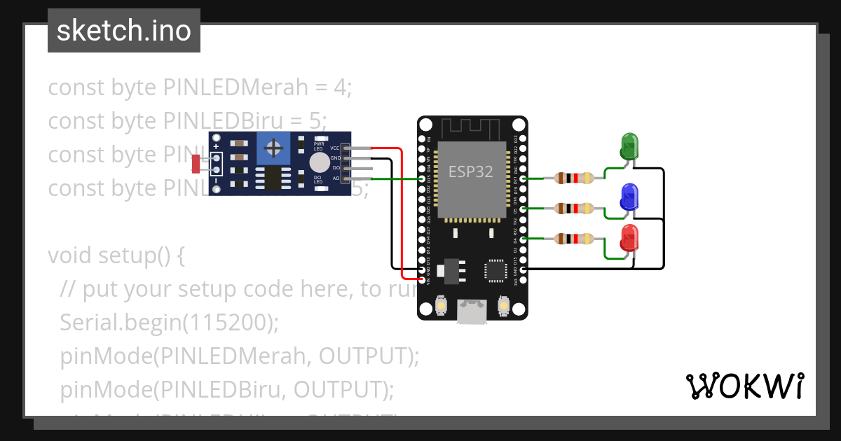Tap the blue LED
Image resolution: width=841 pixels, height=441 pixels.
(629, 197)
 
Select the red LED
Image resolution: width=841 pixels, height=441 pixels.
(629, 238)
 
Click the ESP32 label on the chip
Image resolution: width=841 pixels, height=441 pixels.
(470, 172)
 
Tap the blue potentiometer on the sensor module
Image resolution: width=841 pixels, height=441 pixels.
(274, 148)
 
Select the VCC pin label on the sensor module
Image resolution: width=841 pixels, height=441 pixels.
(335, 148)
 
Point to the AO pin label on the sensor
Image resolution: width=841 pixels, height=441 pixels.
(335, 178)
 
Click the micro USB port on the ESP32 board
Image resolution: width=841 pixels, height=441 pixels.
(472, 311)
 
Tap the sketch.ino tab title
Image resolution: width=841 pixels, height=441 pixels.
(124, 31)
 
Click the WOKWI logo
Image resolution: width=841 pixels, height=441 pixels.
(744, 386)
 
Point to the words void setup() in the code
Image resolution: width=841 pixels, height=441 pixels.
(116, 255)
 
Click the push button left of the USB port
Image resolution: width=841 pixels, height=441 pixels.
(442, 306)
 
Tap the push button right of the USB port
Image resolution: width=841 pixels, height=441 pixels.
(503, 306)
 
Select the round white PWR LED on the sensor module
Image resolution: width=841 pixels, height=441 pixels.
(320, 162)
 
